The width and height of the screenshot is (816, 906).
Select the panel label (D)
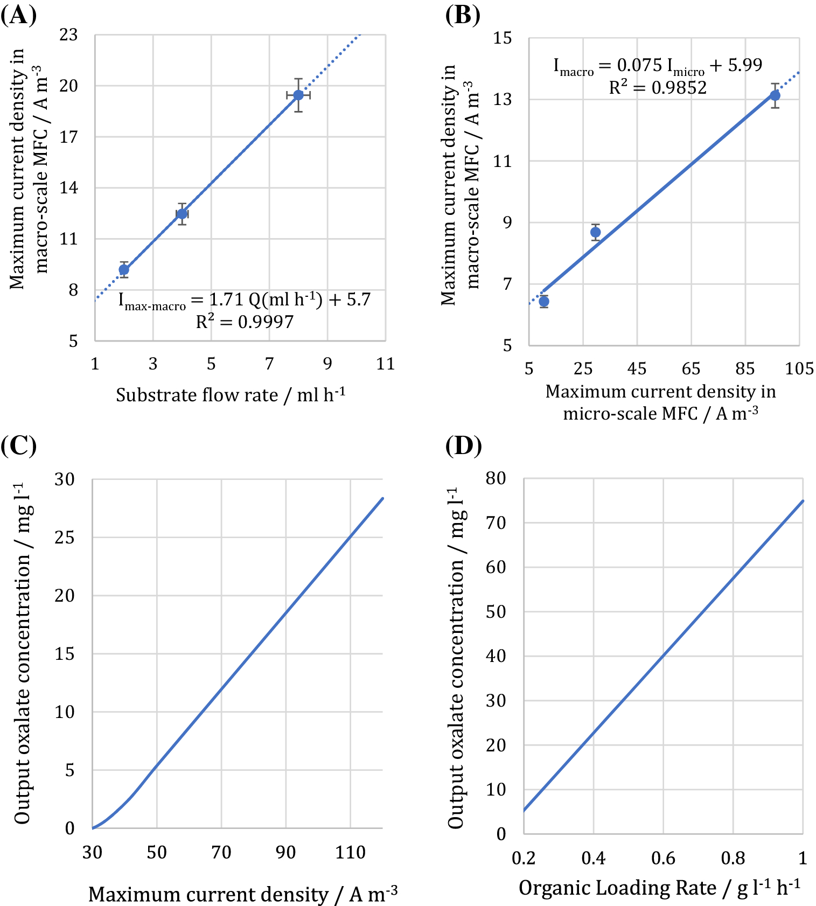coord(464,446)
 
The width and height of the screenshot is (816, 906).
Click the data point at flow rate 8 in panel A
coord(298,95)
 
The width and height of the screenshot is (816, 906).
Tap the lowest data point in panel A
coord(124,269)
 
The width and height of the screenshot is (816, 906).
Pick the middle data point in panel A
coord(182,214)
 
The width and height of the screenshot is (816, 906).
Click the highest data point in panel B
coord(775,95)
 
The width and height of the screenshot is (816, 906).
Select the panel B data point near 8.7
coord(595,232)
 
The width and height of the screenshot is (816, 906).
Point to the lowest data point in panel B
coord(543,301)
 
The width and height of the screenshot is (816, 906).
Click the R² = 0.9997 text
coord(245,322)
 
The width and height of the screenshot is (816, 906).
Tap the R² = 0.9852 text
coord(658,87)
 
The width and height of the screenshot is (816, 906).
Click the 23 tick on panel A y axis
coord(68,35)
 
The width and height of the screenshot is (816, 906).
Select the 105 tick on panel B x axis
coord(799,368)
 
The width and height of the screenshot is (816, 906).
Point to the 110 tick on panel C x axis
coord(350,852)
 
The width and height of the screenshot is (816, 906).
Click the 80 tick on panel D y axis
coord(496,478)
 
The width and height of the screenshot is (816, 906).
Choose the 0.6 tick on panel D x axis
coord(663,858)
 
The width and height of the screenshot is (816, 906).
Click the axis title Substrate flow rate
coord(231,395)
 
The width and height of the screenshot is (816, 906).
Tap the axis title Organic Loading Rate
coord(659,888)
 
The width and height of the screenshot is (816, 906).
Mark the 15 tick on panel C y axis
coord(64,654)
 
